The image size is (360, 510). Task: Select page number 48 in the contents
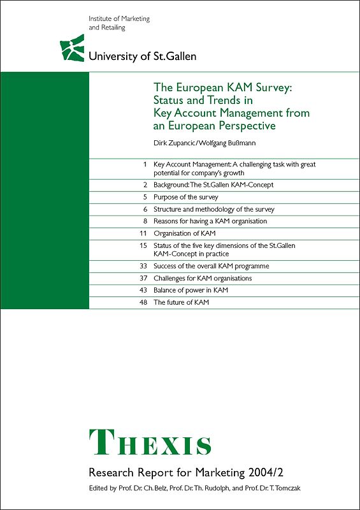pos(143,302)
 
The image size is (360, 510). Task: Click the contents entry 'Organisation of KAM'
pos(185,233)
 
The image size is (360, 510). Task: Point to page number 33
pos(143,266)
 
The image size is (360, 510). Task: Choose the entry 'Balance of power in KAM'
pos(191,290)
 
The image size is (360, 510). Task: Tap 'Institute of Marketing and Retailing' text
pos(119,23)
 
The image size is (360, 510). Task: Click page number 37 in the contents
pos(143,278)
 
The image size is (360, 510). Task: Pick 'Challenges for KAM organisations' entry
pos(203,278)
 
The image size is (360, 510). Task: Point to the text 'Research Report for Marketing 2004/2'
pos(179,472)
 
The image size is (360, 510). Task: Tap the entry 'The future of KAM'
pos(181,302)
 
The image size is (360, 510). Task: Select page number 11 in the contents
pos(143,233)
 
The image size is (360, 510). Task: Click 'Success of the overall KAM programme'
pos(211,266)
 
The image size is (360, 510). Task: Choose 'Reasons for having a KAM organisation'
pos(210,221)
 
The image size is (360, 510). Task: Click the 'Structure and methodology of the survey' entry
pos(213,209)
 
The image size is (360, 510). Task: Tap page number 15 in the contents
pos(143,245)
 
